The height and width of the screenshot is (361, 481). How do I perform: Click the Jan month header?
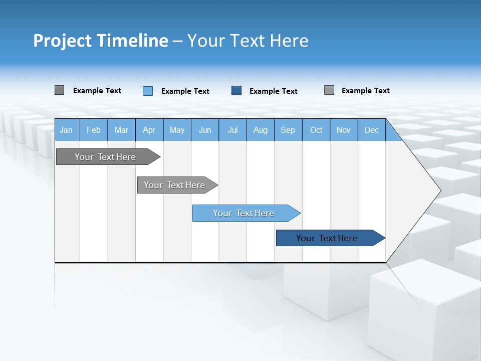(66, 130)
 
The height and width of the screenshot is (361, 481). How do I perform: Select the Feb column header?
(94, 130)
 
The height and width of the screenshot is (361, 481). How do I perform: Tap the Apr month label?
(149, 130)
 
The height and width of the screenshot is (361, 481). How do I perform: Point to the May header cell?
(177, 130)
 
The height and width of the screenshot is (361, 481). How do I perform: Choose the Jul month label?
(232, 130)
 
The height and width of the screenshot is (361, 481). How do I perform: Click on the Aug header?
(260, 130)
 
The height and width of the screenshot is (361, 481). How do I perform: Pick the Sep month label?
(288, 130)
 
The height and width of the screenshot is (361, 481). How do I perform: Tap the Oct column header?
(316, 130)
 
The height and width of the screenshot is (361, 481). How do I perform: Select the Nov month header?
(343, 130)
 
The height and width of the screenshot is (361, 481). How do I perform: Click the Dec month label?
(371, 130)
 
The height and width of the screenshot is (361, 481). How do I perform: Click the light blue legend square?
(148, 91)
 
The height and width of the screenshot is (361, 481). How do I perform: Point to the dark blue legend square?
(236, 91)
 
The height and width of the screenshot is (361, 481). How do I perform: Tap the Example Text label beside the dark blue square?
(273, 91)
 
